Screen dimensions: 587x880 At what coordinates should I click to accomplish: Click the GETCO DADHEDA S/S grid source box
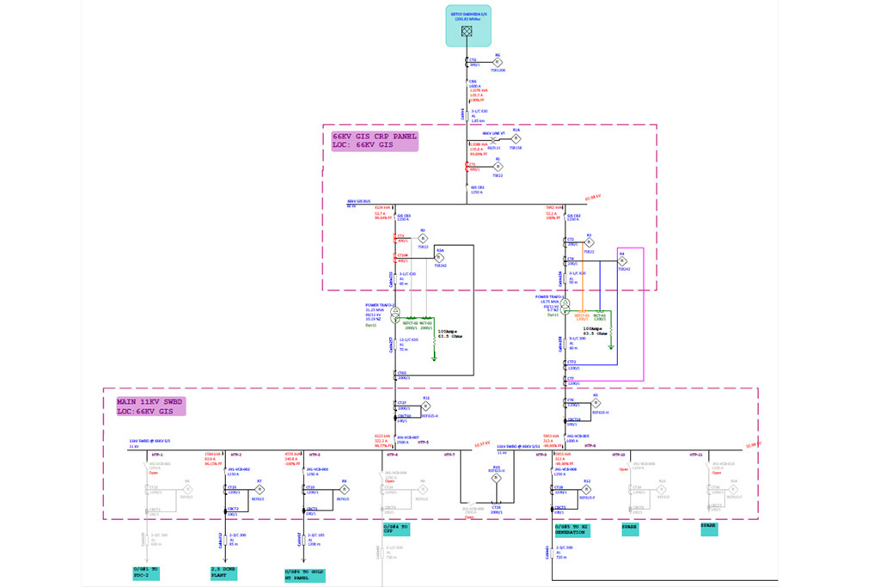(x=468, y=26)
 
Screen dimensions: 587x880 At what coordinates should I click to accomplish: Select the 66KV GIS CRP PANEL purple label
(x=375, y=141)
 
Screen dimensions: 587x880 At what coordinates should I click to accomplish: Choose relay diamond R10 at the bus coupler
(x=496, y=478)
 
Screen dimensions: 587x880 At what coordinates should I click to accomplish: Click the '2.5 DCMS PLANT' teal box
(x=223, y=572)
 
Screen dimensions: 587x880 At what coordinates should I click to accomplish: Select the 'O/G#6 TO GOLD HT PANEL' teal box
(x=305, y=575)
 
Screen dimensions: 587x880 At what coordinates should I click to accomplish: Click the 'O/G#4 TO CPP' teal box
(x=395, y=529)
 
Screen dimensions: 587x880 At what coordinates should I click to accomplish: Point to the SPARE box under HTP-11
(x=708, y=529)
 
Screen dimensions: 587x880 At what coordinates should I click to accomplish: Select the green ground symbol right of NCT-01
(x=610, y=348)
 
